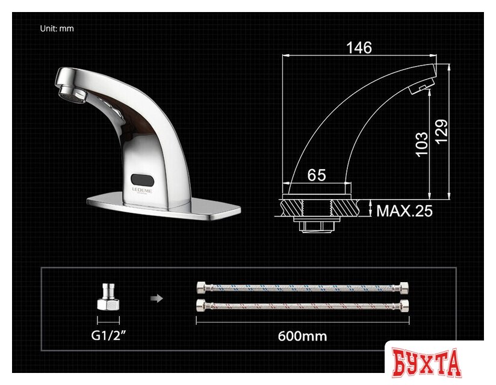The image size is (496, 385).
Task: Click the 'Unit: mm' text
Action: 57,28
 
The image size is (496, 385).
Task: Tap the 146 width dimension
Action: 359,47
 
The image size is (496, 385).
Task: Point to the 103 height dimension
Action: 422,144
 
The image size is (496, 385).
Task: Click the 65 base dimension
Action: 316,175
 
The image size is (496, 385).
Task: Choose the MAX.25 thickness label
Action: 404,211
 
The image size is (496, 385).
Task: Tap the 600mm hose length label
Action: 302,336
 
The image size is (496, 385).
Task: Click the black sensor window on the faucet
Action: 142,179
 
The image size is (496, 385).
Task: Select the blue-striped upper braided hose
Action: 303,286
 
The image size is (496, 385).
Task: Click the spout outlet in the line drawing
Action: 420,90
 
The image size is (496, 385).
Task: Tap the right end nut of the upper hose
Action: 403,286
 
